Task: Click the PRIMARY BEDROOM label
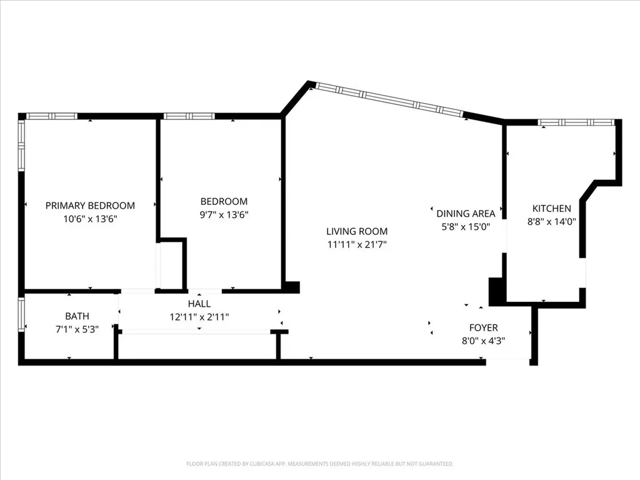point(90,206)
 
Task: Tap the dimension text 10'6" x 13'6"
point(90,219)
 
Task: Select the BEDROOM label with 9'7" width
point(224,202)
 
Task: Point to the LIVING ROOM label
point(357,231)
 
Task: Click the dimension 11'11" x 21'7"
point(357,245)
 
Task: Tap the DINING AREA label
point(466,214)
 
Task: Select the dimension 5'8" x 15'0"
point(466,227)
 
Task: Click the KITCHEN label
point(551,209)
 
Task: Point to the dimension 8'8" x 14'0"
point(551,222)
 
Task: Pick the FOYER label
point(483,327)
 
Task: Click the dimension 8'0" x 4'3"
point(483,341)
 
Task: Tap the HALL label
point(199,304)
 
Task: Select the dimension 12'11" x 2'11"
point(199,317)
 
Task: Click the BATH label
point(77,316)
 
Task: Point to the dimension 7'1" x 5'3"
point(77,329)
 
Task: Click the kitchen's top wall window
point(576,122)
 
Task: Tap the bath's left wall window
point(21,315)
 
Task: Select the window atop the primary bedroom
point(52,116)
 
